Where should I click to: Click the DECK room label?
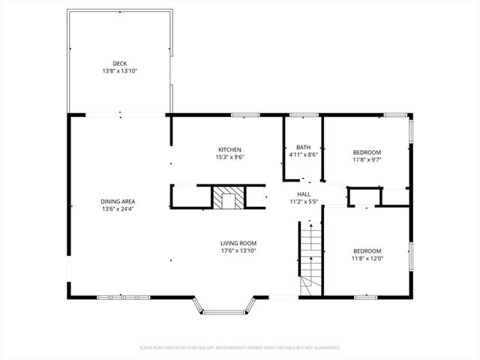pos(120,63)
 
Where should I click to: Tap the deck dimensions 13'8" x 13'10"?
pos(120,70)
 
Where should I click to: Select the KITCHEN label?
pos(229,149)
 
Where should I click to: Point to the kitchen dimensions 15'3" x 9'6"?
pos(229,157)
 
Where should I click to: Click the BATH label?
pos(303,147)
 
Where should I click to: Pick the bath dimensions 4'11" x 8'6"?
pos(303,154)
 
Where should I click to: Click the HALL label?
pos(304,193)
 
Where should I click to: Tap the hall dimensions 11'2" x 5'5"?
pos(304,201)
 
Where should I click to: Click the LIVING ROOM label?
pos(238,243)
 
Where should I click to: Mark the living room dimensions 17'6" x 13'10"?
pos(238,250)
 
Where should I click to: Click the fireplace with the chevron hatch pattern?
pos(226,198)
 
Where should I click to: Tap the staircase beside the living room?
pos(310,255)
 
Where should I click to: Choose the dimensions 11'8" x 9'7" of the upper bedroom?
pos(367,160)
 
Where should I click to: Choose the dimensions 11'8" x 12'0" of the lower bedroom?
pos(367,258)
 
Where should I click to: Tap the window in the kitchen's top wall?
pos(244,115)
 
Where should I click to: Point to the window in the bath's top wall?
pos(303,115)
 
